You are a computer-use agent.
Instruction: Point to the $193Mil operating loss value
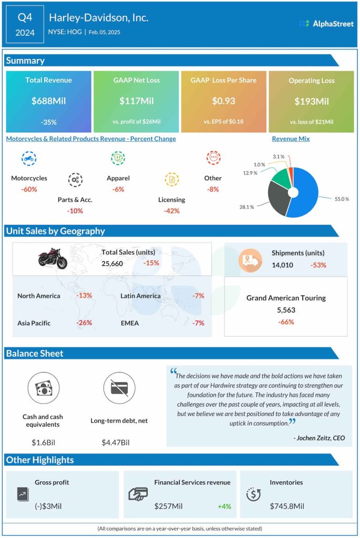tap(312, 101)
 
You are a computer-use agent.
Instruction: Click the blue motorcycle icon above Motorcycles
tap(29, 158)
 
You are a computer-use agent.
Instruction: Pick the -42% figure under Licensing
tap(171, 211)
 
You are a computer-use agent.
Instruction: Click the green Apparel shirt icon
tap(118, 158)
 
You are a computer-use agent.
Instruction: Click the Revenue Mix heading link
tap(291, 139)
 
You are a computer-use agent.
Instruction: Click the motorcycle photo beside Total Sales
tap(53, 258)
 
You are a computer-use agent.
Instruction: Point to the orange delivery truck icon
tap(250, 260)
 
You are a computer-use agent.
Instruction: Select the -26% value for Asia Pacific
tap(84, 323)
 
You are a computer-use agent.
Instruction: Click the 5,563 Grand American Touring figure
tap(286, 310)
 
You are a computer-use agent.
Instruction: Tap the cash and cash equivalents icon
tap(43, 389)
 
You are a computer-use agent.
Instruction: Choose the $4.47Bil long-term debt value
tap(115, 442)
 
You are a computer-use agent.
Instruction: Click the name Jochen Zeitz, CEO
tap(318, 438)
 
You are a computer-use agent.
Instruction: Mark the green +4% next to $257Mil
tap(224, 506)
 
